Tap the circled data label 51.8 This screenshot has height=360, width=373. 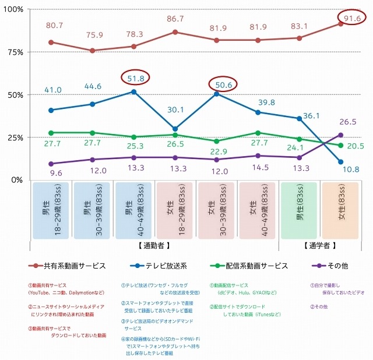point(135,77)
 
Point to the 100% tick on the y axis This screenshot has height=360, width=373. point(12,10)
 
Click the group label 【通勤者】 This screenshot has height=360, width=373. point(153,246)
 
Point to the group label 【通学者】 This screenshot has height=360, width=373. point(320,246)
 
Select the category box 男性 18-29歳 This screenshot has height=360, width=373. point(51,210)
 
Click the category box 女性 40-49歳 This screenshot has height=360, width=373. point(258,210)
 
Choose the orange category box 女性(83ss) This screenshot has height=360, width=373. point(340,210)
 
